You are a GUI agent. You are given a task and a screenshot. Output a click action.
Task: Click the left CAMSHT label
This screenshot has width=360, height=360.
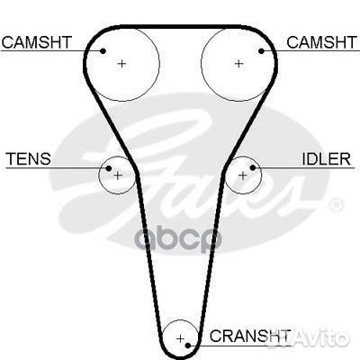click(x=37, y=42)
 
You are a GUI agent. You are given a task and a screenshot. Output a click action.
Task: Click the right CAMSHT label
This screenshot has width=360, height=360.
click(x=322, y=42)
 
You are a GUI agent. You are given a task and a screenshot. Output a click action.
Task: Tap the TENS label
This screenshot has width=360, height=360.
click(x=29, y=158)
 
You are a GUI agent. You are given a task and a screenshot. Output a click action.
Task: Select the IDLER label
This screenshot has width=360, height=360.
click(x=326, y=159)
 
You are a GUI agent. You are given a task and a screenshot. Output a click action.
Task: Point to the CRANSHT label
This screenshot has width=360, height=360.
click(x=250, y=336)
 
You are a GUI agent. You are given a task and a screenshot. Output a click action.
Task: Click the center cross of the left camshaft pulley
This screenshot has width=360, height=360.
click(x=121, y=64)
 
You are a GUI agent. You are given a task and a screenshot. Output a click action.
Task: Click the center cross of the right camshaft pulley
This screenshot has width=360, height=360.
click(x=238, y=64)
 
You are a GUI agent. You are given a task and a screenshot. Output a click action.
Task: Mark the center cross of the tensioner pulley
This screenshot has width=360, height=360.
click(x=118, y=175)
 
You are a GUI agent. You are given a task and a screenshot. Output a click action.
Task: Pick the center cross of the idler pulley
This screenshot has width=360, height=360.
click(x=242, y=175)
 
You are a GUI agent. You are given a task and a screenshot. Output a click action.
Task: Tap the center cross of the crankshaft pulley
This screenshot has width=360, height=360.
click(x=180, y=339)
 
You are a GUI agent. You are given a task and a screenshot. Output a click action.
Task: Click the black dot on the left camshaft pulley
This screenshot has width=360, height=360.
click(x=103, y=51)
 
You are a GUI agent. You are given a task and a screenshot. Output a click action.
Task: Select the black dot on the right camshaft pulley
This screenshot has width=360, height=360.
click(x=261, y=51)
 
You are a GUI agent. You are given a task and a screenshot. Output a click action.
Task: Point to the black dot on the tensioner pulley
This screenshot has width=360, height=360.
click(x=109, y=168)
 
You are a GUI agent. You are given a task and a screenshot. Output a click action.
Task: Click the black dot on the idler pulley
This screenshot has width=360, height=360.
click(x=253, y=167)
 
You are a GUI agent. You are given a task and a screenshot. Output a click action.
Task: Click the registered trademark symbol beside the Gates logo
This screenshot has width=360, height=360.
click(x=337, y=205)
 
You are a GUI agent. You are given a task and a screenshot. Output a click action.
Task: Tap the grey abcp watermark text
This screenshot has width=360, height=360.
click(x=178, y=239)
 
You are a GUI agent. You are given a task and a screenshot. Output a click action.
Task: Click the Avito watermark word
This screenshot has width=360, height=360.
click(x=325, y=338)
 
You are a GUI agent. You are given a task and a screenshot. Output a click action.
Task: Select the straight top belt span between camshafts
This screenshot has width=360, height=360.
click(x=180, y=27)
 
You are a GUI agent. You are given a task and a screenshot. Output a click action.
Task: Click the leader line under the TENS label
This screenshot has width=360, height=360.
click(x=56, y=167)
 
